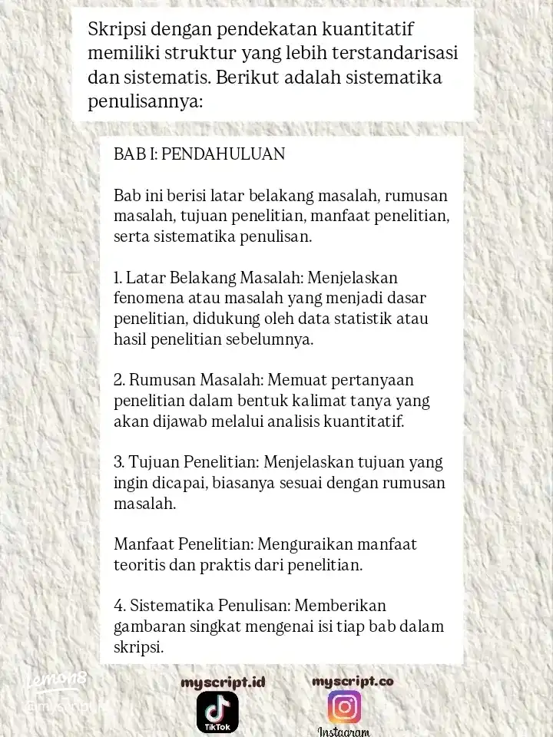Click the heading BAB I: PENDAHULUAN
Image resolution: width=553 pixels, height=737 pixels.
point(199,154)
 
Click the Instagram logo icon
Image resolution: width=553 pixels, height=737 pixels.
point(344,707)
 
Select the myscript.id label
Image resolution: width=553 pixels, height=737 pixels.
point(223,682)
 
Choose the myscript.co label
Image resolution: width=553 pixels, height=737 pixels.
point(353,681)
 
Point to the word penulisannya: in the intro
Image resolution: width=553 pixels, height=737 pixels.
point(144,101)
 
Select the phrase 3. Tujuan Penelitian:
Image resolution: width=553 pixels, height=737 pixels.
point(187,464)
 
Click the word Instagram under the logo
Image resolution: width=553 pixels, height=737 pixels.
point(344,732)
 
